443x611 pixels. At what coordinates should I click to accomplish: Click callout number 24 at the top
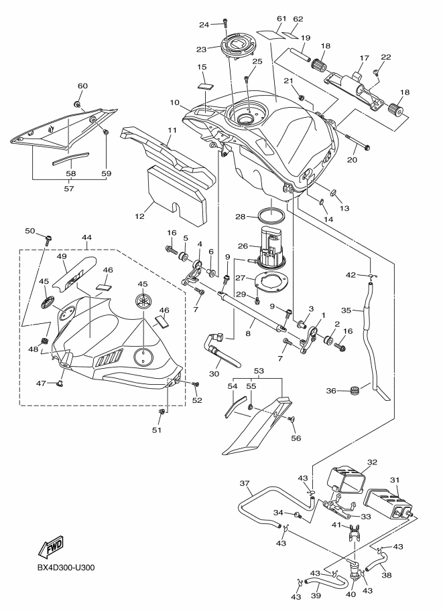tap(204, 25)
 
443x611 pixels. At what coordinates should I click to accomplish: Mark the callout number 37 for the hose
tap(245, 483)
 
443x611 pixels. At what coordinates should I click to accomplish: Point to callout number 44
tap(86, 237)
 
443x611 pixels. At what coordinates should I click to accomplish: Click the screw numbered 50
tap(49, 236)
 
